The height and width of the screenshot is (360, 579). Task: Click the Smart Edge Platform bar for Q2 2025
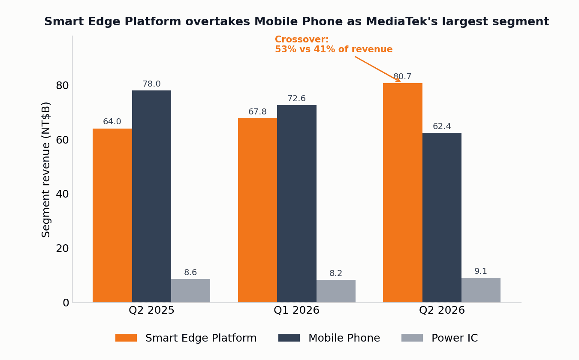pyautogui.click(x=112, y=216)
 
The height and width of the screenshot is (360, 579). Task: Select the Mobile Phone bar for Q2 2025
pyautogui.click(x=151, y=196)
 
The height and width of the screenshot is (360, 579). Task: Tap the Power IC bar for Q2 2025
pyautogui.click(x=190, y=291)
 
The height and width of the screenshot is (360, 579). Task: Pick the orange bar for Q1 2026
pyautogui.click(x=257, y=210)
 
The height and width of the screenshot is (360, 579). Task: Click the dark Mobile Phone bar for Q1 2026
pyautogui.click(x=297, y=204)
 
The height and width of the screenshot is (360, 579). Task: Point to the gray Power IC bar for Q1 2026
pyautogui.click(x=336, y=291)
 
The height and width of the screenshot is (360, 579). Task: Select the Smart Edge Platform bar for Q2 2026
pyautogui.click(x=403, y=193)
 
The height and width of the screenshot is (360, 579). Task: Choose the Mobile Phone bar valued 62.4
pyautogui.click(x=442, y=218)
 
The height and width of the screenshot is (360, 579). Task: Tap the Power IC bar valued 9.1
pyautogui.click(x=481, y=290)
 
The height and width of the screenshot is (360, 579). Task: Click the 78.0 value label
pyautogui.click(x=151, y=84)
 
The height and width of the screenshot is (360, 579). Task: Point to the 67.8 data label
pyautogui.click(x=257, y=112)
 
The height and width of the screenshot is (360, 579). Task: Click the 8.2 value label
pyautogui.click(x=336, y=273)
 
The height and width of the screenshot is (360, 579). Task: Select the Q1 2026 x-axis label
pyautogui.click(x=296, y=310)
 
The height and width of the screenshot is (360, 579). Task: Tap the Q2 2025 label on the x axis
pyautogui.click(x=151, y=310)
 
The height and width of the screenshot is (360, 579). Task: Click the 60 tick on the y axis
pyautogui.click(x=62, y=140)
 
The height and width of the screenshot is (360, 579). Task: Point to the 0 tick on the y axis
pyautogui.click(x=66, y=303)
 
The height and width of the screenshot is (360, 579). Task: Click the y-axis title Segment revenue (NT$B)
pyautogui.click(x=46, y=170)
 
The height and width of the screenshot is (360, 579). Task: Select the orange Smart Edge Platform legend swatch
pyautogui.click(x=126, y=338)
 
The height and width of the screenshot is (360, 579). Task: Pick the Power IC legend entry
pyautogui.click(x=440, y=338)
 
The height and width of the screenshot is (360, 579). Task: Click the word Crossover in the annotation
pyautogui.click(x=302, y=39)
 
